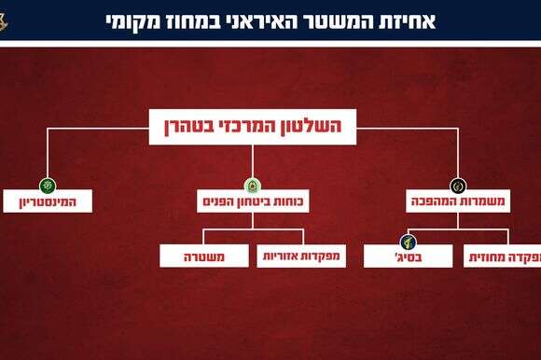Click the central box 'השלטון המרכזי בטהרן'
coord(253,126)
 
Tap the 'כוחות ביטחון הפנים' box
coord(253,201)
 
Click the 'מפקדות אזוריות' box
coord(301,255)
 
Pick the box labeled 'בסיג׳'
coord(408,255)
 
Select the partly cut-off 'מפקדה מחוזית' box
coord(504,255)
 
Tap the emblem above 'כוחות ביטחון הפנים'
coord(253,185)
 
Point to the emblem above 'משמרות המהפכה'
coord(457,185)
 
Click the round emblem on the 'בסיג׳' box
coord(408,241)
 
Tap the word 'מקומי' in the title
coord(132,20)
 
